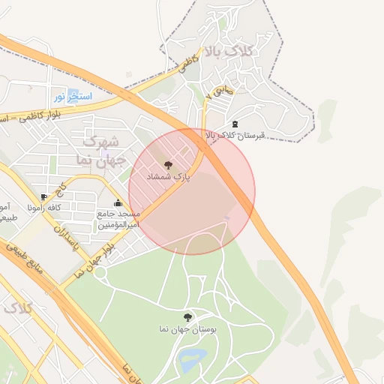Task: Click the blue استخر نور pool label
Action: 73,97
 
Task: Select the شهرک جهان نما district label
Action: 98,150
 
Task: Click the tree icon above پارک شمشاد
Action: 167,163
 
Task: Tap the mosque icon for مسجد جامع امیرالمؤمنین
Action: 118,202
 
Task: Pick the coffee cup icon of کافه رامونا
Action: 44,196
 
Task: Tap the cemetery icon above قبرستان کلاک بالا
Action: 235,124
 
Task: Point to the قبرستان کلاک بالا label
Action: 236,136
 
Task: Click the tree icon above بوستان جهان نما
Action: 187,316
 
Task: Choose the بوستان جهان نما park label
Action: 187,329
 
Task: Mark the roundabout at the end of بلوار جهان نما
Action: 100,274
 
